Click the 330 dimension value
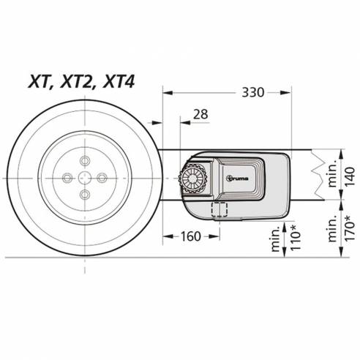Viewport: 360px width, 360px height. [251, 92]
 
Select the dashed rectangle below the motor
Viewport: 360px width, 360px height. [219, 209]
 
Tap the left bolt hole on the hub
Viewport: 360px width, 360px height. [67, 176]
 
